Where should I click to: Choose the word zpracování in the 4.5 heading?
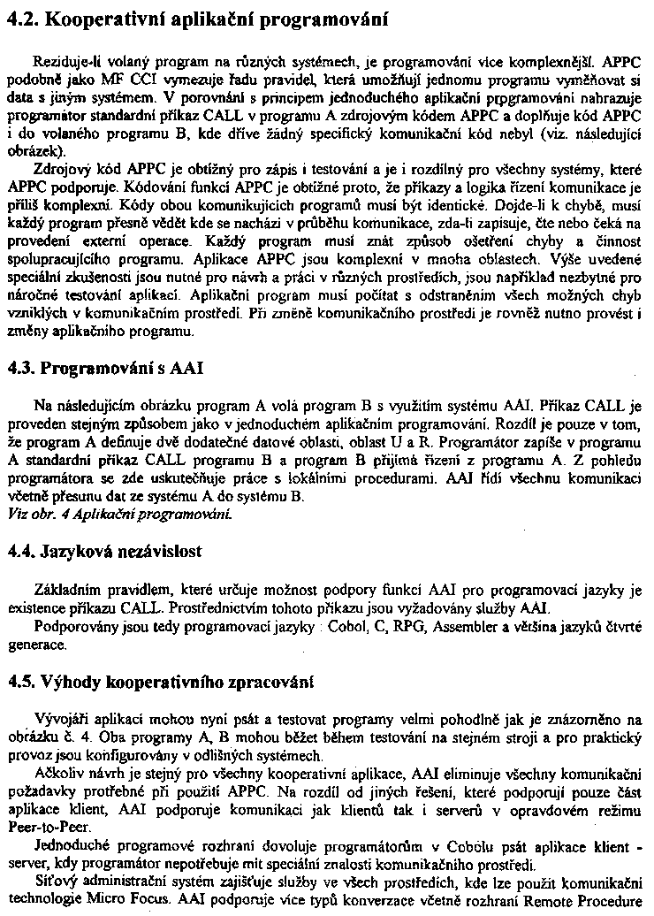[x=269, y=682]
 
